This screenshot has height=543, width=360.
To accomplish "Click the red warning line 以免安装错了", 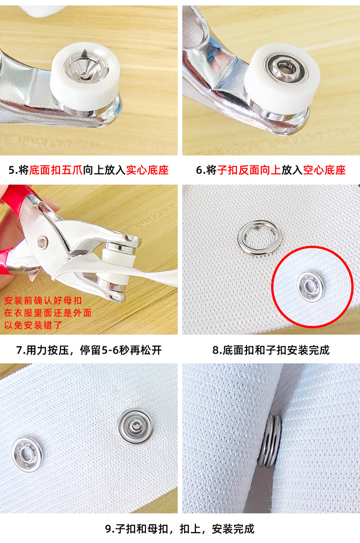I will tap(33, 325).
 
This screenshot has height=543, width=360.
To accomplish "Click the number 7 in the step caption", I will tap(19, 350).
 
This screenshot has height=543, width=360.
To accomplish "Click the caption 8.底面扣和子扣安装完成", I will tap(271, 350).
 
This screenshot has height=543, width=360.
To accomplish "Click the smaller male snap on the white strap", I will tap(27, 453).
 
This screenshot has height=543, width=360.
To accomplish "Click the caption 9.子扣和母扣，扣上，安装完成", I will tap(180, 529).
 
